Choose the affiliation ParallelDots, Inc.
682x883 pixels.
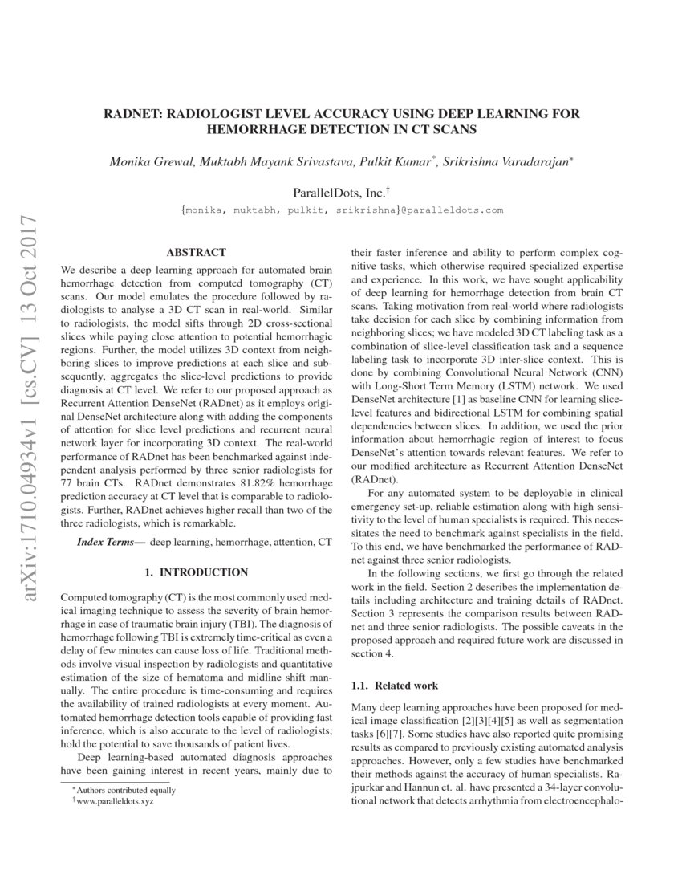point(338,193)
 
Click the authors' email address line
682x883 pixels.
point(342,210)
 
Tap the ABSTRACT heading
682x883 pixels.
point(196,252)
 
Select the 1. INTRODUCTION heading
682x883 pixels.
point(196,572)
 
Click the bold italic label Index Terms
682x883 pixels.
point(111,543)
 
